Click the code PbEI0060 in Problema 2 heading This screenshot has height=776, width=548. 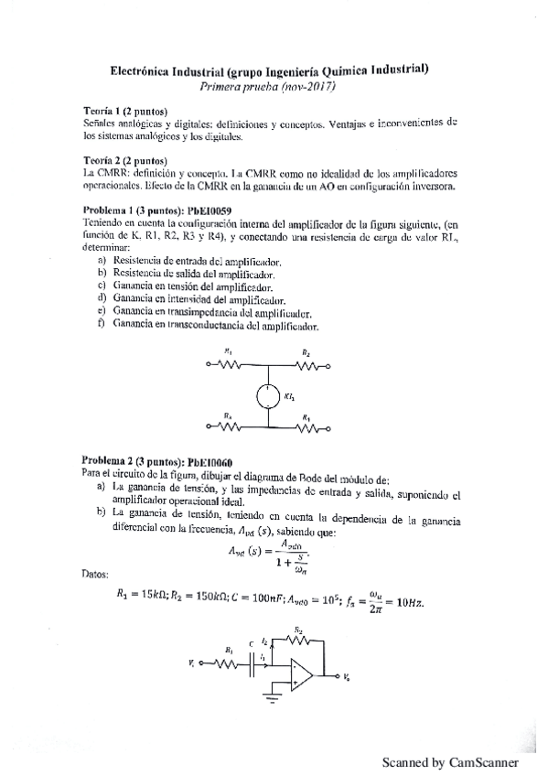(x=210, y=461)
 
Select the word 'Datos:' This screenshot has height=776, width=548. (x=95, y=575)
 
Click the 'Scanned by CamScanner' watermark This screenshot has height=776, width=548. (x=450, y=761)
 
